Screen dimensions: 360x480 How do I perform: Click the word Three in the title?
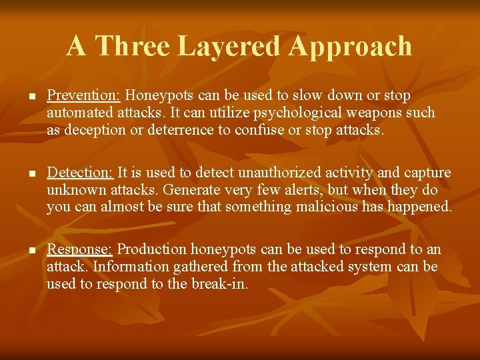click(132, 46)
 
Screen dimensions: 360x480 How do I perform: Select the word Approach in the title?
click(351, 46)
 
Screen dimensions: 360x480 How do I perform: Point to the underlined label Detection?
click(81, 173)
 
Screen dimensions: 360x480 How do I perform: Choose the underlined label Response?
click(79, 249)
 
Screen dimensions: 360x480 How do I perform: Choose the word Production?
click(152, 249)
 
